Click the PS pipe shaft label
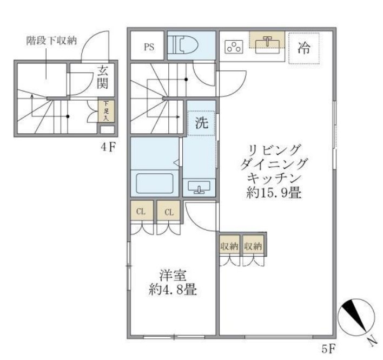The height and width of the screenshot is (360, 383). [149, 47]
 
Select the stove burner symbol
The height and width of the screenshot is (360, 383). [234, 47]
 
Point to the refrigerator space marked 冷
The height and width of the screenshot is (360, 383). [303, 48]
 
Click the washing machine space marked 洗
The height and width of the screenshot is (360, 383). [201, 122]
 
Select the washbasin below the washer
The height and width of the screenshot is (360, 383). [199, 187]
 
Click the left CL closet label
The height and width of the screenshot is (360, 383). [141, 212]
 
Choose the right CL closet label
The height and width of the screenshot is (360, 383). [169, 212]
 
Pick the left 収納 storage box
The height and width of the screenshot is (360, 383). [229, 246]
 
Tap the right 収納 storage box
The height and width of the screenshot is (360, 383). [253, 246]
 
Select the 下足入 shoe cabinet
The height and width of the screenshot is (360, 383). [106, 110]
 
